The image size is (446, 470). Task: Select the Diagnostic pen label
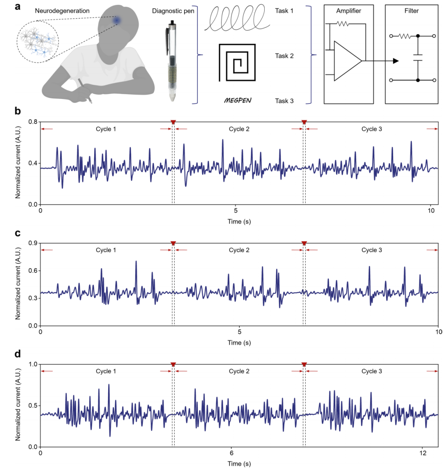[176, 11]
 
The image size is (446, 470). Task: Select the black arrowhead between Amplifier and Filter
[395, 61]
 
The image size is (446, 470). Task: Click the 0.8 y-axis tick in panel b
[31, 122]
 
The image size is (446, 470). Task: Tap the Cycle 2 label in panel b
[239, 129]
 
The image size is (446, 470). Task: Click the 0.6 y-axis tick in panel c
[31, 271]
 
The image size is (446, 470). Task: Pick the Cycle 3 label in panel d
[372, 371]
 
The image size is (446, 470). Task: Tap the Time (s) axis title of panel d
[239, 464]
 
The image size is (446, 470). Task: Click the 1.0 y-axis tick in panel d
[31, 364]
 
